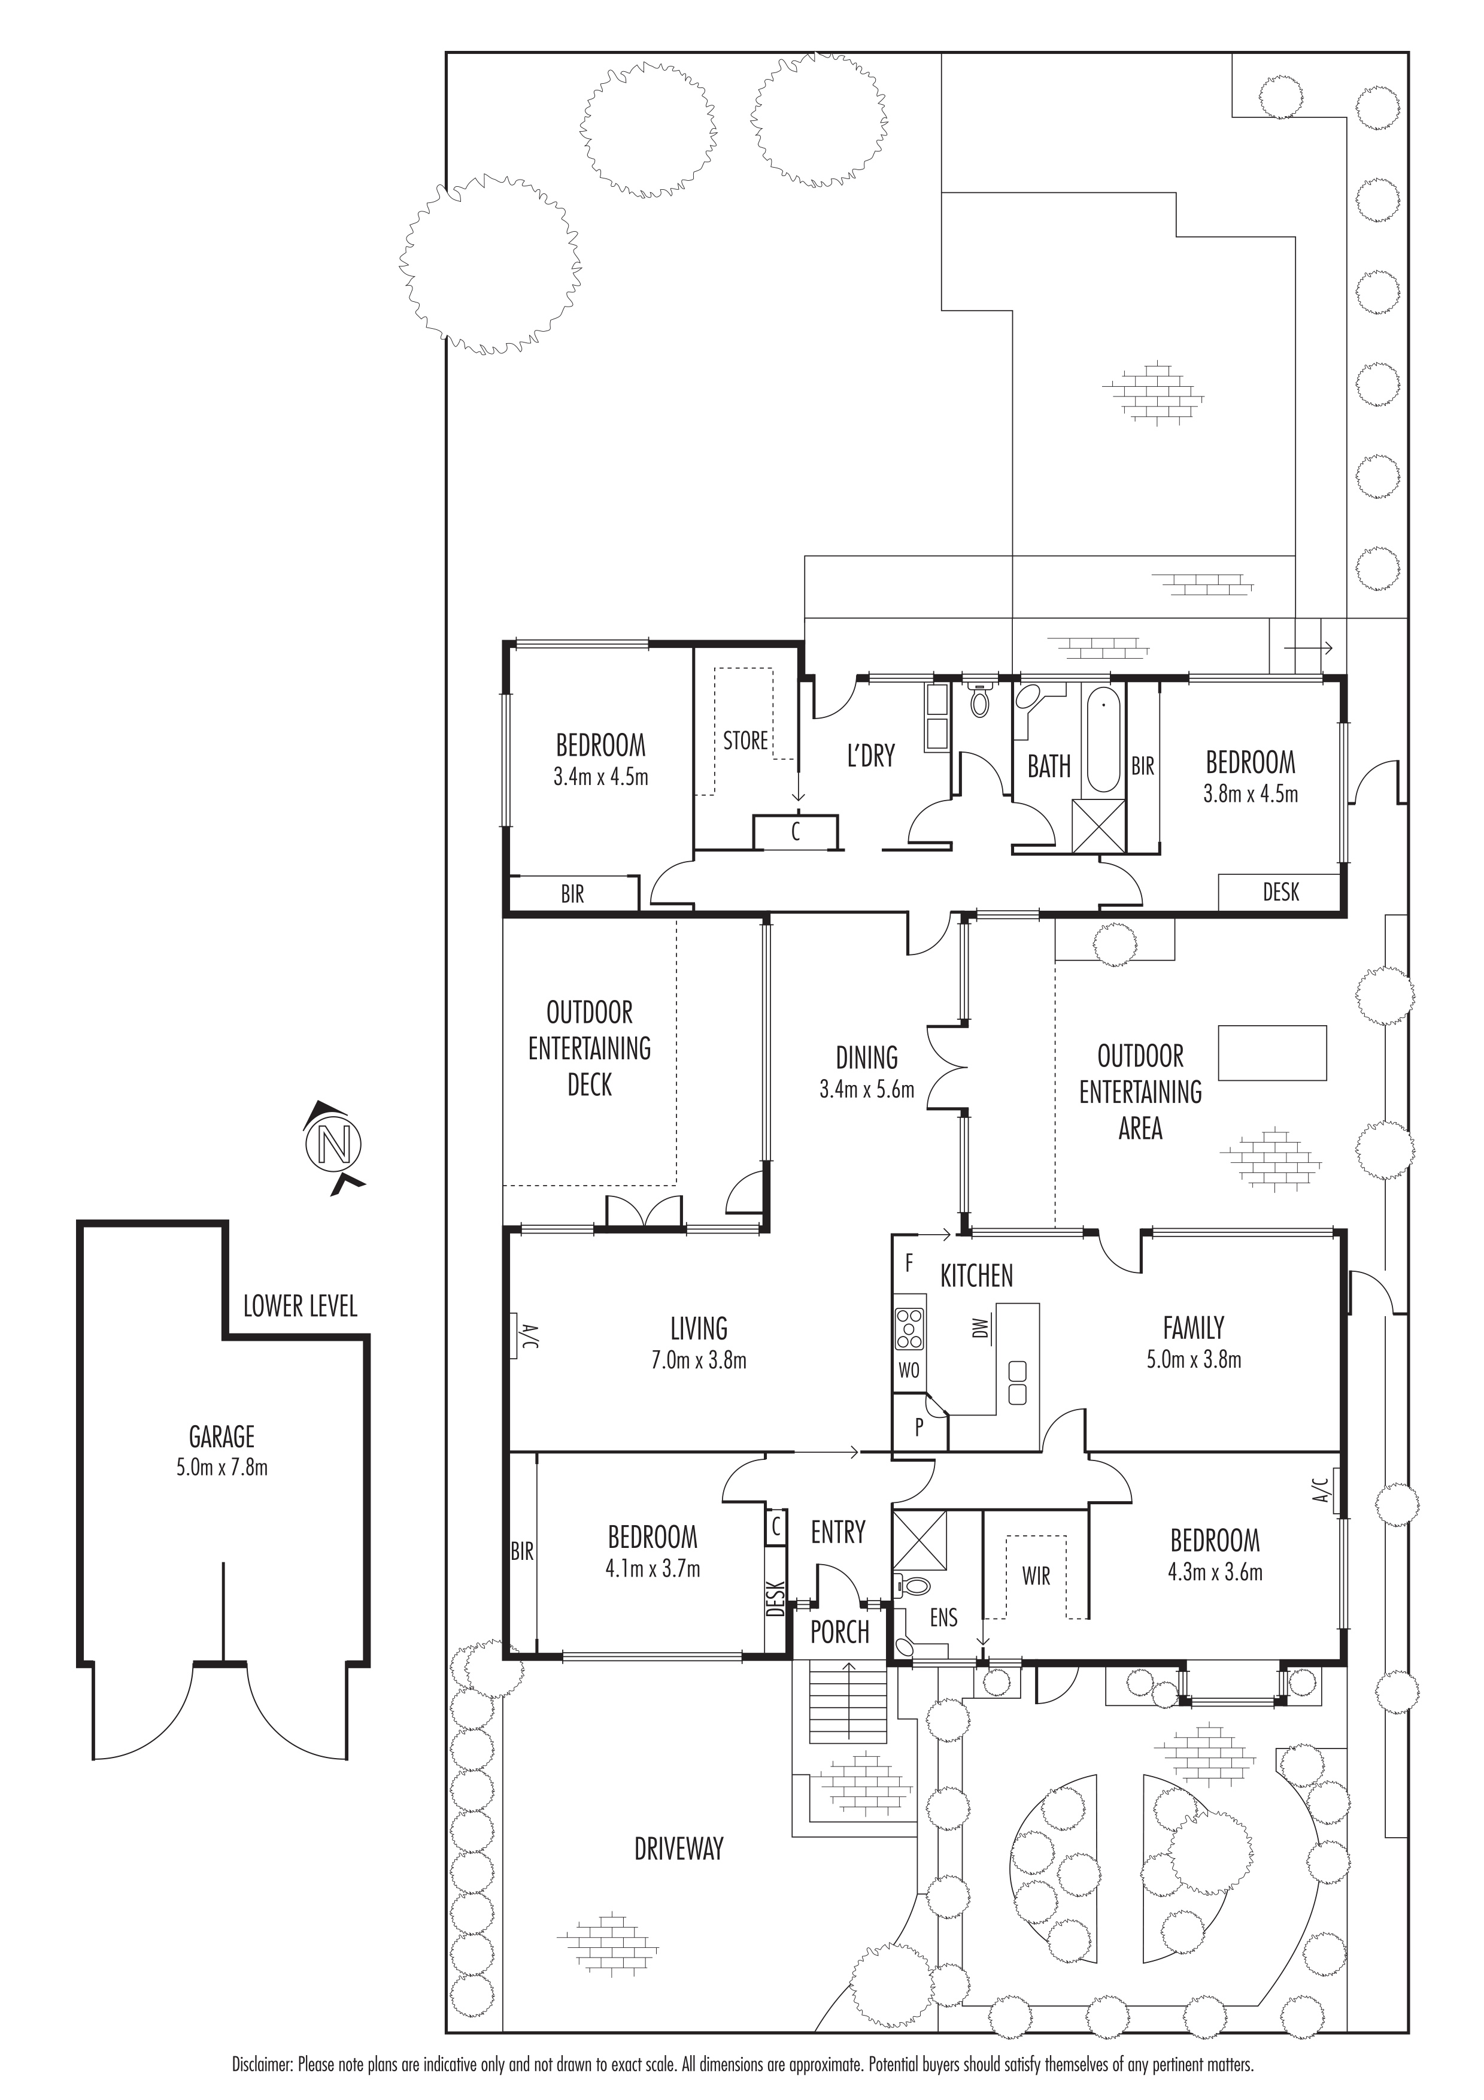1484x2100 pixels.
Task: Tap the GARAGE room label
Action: [x=222, y=1438]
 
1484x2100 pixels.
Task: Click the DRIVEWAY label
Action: [x=678, y=1849]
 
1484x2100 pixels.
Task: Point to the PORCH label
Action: [x=839, y=1632]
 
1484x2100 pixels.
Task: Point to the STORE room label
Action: [x=745, y=741]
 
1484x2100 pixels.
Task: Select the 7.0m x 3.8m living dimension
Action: [x=699, y=1361]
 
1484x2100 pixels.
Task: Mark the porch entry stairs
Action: [x=848, y=1701]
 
